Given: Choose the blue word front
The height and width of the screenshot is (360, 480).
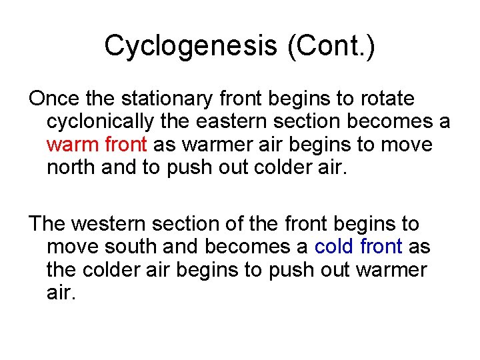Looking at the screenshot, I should (381, 247).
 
